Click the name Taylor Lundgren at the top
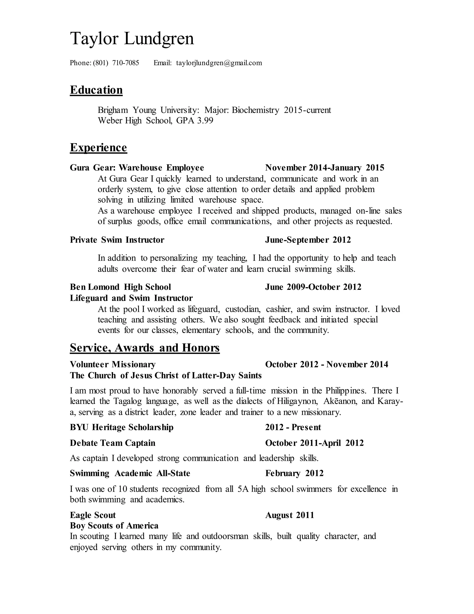tap(132, 38)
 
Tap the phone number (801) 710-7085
tap(116, 63)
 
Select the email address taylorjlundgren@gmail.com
tap(219, 63)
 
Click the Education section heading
tap(96, 90)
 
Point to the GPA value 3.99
tap(205, 121)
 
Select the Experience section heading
tap(98, 147)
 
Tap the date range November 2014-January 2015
tap(325, 168)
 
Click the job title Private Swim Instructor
tap(117, 240)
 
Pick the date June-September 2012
tap(308, 240)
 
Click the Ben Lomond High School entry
tap(120, 287)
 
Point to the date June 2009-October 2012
tap(313, 287)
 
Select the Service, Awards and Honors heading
tap(145, 348)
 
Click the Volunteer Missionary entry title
tap(113, 364)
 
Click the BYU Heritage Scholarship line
tap(122, 427)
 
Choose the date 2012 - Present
tap(293, 427)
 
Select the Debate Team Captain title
tap(112, 443)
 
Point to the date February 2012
tap(294, 473)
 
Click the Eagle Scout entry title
tap(93, 515)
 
